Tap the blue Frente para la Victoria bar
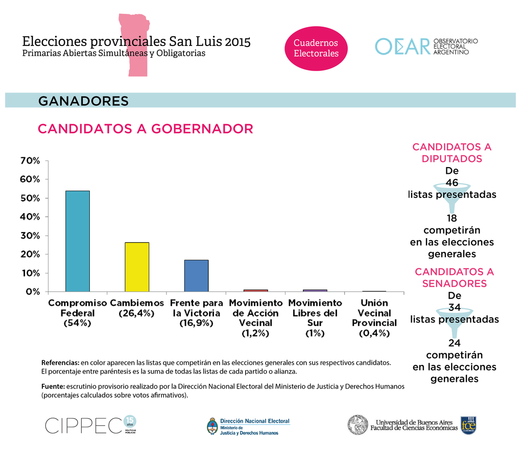[x=196, y=275]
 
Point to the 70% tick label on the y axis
[x=30, y=160]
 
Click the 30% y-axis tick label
[x=30, y=236]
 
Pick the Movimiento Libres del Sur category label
[x=315, y=318]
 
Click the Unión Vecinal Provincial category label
[x=374, y=318]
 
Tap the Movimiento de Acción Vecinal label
[x=255, y=318]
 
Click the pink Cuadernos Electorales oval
[x=316, y=48]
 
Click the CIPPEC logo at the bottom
[x=84, y=425]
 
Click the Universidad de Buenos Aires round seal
[x=358, y=425]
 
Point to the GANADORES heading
[x=83, y=101]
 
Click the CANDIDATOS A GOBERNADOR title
[x=145, y=129]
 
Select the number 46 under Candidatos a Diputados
[x=452, y=182]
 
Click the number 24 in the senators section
[x=454, y=343]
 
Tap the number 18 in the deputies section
[x=452, y=218]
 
